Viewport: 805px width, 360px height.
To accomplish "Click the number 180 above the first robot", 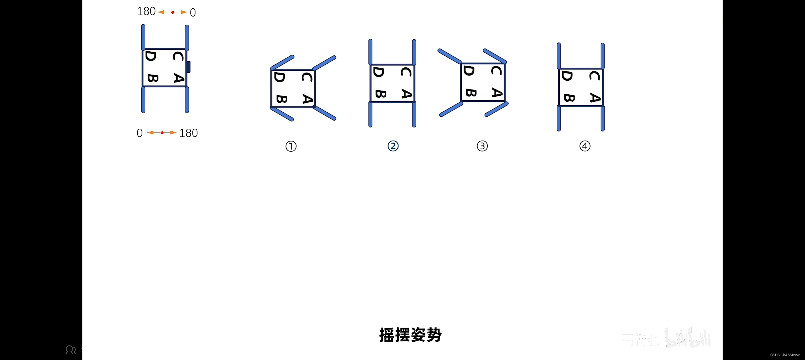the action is coord(146,11).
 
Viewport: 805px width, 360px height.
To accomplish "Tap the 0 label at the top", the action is coord(193,13).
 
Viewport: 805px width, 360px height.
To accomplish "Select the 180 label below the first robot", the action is coord(188,133).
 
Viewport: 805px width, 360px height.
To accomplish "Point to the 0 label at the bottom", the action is coord(140,133).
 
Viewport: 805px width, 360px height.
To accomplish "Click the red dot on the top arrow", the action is coord(173,12).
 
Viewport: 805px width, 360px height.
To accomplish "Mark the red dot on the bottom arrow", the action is coord(162,133).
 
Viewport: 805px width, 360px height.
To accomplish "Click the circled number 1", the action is coord(291,146).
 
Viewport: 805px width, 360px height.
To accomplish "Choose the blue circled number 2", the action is coord(393,146).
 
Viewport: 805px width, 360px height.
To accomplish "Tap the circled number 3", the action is coord(482,146).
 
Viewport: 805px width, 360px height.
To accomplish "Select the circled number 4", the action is coord(585,146).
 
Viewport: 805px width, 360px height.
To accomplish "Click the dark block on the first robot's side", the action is coord(188,67).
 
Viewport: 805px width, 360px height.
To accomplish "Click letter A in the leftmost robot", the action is coord(179,78).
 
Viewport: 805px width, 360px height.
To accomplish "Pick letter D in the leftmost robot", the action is coord(151,56).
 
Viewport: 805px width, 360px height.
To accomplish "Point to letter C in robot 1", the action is coord(307,77).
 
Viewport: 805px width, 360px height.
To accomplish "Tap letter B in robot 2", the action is coord(381,94).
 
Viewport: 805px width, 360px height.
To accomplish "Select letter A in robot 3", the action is coord(497,93).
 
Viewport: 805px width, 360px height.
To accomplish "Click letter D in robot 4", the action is coord(567,76).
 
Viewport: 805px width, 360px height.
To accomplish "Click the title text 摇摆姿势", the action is coord(410,335).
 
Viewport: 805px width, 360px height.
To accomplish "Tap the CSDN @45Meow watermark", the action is coord(785,355).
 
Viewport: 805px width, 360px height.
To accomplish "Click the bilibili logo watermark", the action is coord(687,338).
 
